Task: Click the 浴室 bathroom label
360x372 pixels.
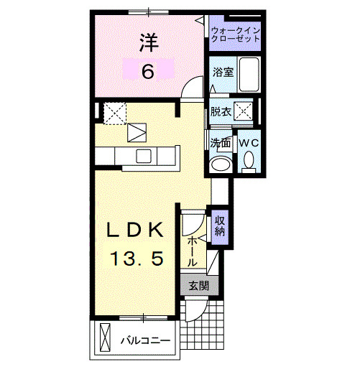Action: [221, 72]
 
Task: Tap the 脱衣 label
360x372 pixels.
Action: [220, 111]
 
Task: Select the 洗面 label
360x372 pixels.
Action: [220, 142]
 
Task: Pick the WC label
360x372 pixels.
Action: [249, 142]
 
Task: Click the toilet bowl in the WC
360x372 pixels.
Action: [249, 164]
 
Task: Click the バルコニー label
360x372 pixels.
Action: [144, 339]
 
